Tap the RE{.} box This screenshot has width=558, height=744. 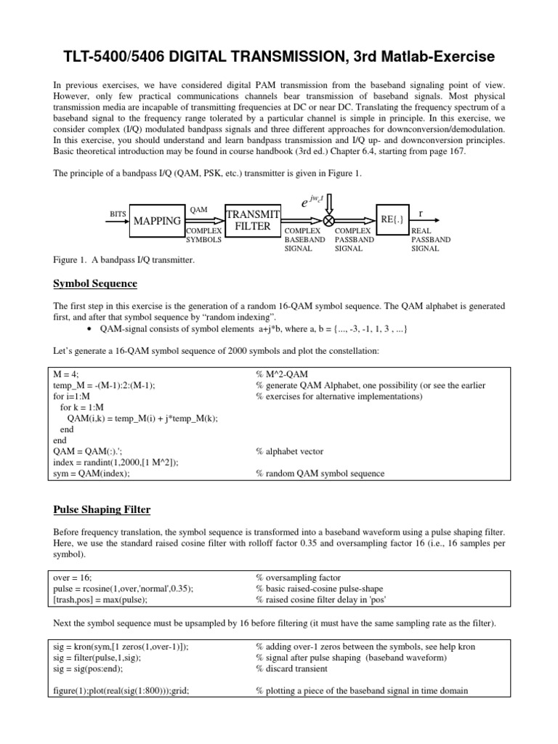(392, 218)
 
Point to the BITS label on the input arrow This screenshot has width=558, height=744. (118, 214)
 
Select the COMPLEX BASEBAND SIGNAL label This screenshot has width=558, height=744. (304, 239)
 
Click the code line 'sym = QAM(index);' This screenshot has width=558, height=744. (92, 473)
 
